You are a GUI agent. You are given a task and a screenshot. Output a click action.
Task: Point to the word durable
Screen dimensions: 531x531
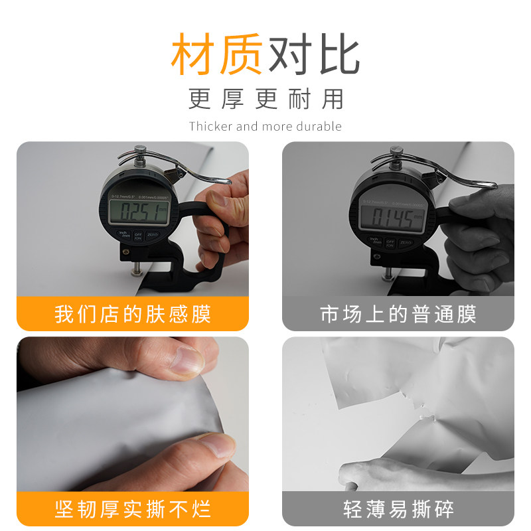(x=319, y=126)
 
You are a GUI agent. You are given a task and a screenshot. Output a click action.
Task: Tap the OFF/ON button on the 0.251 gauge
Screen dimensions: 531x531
(x=139, y=235)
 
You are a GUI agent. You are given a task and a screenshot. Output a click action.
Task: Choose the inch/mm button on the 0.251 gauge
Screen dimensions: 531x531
(x=123, y=234)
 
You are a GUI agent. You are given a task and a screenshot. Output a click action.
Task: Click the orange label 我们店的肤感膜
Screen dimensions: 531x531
(x=133, y=313)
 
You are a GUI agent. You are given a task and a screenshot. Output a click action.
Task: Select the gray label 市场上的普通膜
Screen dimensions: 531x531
(x=398, y=313)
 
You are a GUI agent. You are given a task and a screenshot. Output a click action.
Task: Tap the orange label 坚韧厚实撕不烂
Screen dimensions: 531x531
(x=133, y=509)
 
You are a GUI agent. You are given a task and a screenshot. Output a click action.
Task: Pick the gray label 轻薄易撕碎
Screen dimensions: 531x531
(x=398, y=509)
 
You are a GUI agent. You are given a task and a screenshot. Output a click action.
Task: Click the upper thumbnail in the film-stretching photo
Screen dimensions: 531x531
(x=189, y=359)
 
